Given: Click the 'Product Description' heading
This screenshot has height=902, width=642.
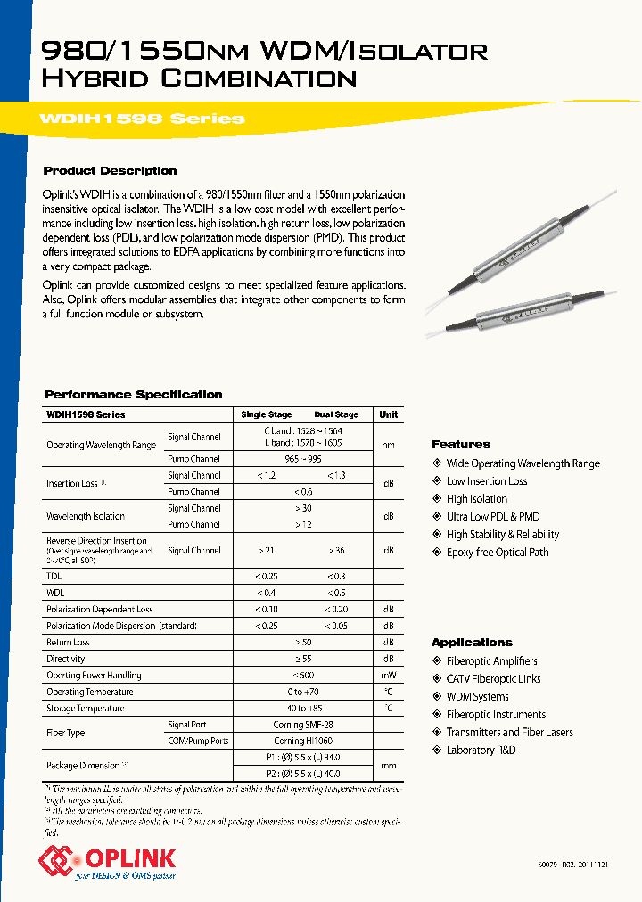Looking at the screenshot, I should (x=111, y=171).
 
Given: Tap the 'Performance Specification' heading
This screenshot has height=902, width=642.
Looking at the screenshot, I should (x=134, y=395).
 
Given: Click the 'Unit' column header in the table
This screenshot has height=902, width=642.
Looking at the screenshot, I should (x=389, y=414).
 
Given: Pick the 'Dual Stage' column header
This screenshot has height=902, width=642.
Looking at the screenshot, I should (x=336, y=414).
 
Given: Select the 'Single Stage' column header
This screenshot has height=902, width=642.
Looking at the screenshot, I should (x=267, y=414).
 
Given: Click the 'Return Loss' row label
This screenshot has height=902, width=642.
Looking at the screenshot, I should (x=69, y=642).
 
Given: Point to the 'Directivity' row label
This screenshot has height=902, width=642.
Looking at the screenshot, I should (x=66, y=659).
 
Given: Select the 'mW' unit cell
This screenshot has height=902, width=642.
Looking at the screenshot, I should (x=389, y=676).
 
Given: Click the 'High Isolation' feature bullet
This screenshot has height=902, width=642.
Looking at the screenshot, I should (x=476, y=499).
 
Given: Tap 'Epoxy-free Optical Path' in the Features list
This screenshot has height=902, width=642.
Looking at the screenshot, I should (x=497, y=553).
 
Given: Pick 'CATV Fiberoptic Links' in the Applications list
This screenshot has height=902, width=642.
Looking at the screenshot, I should (x=493, y=679).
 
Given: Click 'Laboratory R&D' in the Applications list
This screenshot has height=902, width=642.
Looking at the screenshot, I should (x=481, y=750).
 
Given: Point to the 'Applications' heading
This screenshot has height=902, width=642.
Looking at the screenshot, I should (x=472, y=643).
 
